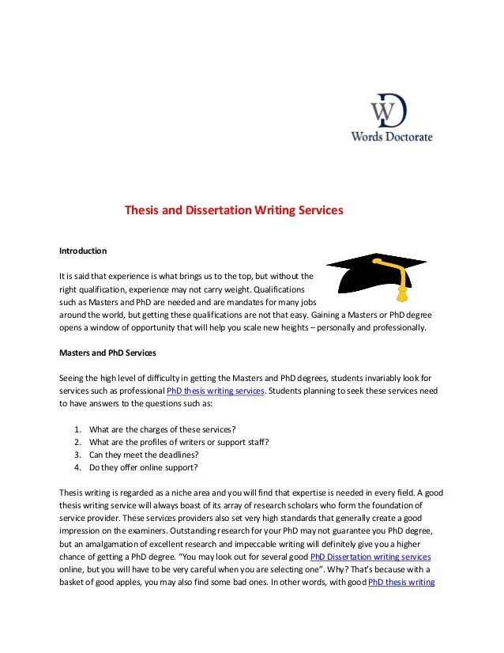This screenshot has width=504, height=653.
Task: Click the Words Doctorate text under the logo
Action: point(392,136)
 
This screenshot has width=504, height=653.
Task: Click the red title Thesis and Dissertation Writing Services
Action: point(235,212)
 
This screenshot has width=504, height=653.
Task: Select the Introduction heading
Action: point(83,251)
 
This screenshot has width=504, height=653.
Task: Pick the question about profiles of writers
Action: point(179,443)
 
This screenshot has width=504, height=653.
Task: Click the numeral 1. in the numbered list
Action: point(77,430)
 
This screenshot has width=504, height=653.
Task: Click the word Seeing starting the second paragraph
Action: point(73,376)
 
